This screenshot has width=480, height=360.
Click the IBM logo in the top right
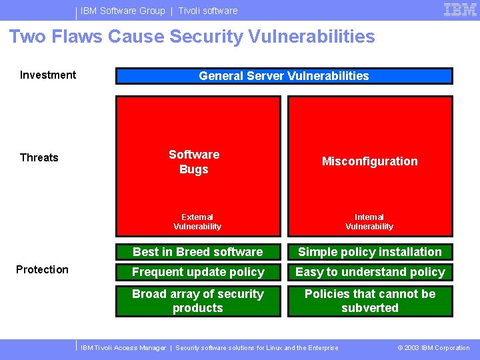pyautogui.click(x=460, y=10)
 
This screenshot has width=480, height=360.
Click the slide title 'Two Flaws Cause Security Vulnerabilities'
pyautogui.click(x=192, y=37)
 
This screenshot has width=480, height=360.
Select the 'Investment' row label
pyautogui.click(x=48, y=75)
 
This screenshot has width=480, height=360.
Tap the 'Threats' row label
pyautogui.click(x=39, y=157)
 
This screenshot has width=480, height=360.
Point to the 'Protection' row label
pyautogui.click(x=42, y=269)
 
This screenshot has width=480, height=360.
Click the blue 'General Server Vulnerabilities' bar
pyautogui.click(x=284, y=76)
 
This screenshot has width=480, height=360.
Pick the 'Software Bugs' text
pyautogui.click(x=194, y=162)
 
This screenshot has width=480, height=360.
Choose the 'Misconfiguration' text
pyautogui.click(x=370, y=161)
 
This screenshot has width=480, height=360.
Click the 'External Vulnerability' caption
pyautogui.click(x=197, y=221)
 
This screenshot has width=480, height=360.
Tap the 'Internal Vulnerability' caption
pyautogui.click(x=369, y=221)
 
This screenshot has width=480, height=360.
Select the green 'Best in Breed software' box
pyautogui.click(x=198, y=252)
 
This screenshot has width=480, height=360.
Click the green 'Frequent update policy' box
pyautogui.click(x=198, y=272)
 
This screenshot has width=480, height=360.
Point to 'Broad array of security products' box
pyautogui.click(x=198, y=301)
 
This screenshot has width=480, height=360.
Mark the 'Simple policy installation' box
pyautogui.click(x=370, y=252)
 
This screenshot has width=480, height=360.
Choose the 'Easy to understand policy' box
pyautogui.click(x=370, y=272)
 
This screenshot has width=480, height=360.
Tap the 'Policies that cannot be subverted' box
pyautogui.click(x=370, y=301)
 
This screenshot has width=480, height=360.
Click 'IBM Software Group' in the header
pyautogui.click(x=123, y=11)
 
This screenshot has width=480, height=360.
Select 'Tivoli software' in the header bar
pyautogui.click(x=208, y=11)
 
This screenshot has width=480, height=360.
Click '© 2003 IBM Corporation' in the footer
pyautogui.click(x=433, y=348)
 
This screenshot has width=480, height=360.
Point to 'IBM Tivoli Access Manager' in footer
pyautogui.click(x=123, y=348)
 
